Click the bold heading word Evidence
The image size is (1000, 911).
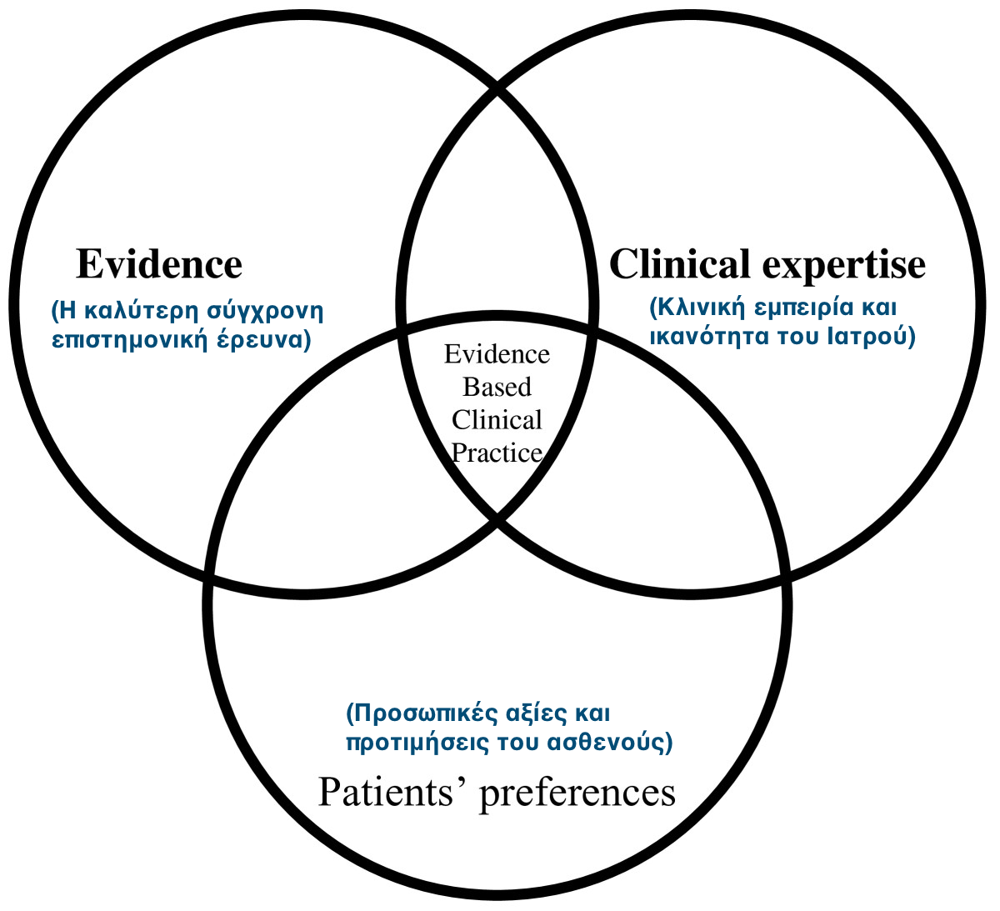click(x=159, y=264)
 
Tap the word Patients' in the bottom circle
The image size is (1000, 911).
click(x=392, y=792)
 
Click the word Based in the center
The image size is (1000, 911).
click(x=497, y=387)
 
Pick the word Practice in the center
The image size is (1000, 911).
click(x=497, y=453)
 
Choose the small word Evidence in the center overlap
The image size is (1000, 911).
click(x=497, y=354)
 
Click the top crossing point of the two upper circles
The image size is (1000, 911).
click(x=497, y=86)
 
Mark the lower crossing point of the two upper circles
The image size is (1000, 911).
click(x=497, y=521)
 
